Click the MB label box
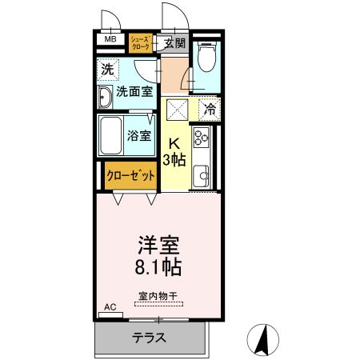click(110, 38)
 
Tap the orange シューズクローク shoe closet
click(141, 42)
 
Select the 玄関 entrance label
click(174, 43)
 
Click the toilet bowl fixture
click(206, 58)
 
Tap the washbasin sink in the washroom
click(106, 98)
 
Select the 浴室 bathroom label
click(139, 134)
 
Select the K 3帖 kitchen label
click(175, 151)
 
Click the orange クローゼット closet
click(130, 176)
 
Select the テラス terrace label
click(150, 337)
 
